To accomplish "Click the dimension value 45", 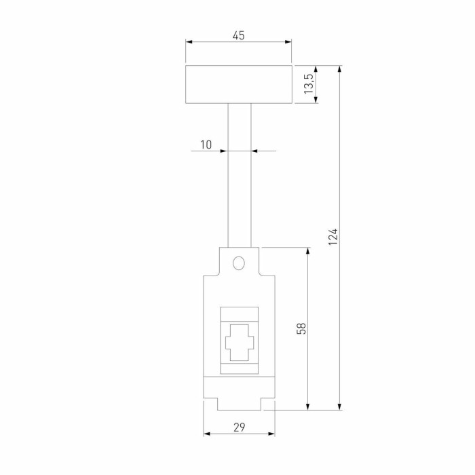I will coord(238,35).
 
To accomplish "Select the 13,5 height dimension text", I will coord(308,85).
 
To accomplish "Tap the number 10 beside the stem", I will coord(206,145).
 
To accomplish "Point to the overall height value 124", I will coord(332,237).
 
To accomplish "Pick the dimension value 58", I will coord(302,328).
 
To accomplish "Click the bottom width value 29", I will coord(239,427).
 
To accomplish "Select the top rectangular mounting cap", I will coord(238,85).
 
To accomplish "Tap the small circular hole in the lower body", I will coord(238,263).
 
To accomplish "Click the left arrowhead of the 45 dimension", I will coord(189,42).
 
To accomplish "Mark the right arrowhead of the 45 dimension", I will coord(288,42).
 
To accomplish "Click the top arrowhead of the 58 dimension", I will coord(309,252).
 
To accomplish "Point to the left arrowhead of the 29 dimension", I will coord(208,434).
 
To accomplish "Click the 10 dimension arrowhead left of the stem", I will coord(223,151).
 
